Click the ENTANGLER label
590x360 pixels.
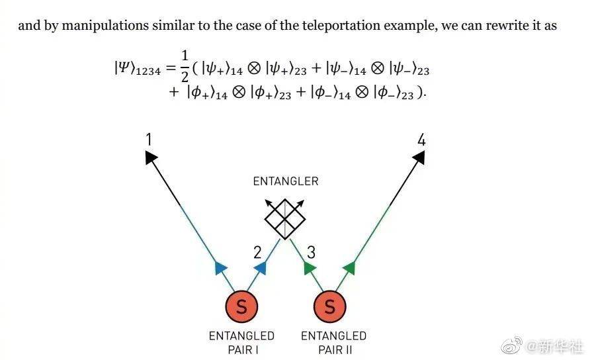[286, 181]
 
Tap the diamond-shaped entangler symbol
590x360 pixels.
[285, 219]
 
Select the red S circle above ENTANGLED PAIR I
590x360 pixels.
[241, 306]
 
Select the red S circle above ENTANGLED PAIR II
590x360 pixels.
[329, 306]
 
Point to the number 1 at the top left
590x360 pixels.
[149, 140]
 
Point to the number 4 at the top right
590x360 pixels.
[421, 140]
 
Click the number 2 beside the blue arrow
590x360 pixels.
[257, 252]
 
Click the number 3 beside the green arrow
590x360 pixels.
[311, 252]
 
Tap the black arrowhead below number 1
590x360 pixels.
[151, 157]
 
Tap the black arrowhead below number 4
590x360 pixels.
[419, 157]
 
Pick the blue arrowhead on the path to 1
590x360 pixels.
[220, 268]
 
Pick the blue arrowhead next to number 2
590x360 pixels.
[261, 268]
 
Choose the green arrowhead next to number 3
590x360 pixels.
[310, 268]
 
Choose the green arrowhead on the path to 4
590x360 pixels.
[349, 268]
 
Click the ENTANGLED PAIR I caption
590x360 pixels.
[241, 343]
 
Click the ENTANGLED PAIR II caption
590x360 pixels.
[334, 343]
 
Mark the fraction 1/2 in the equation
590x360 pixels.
[185, 67]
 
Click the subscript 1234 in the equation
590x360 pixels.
[148, 71]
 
